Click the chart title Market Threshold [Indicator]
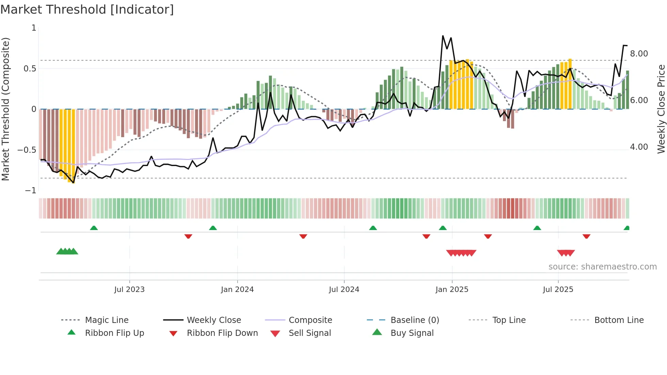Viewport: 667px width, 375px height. tap(87, 10)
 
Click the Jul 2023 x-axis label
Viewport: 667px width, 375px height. tap(129, 290)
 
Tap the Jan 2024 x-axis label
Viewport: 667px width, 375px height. tap(237, 290)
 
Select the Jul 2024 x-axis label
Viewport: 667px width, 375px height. tap(344, 290)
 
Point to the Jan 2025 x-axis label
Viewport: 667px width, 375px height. tap(452, 290)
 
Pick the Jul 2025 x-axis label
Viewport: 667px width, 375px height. tap(558, 290)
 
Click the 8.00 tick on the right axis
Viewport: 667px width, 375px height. tap(639, 54)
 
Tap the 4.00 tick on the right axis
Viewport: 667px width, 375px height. tap(639, 147)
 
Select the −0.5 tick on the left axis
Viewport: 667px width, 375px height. tap(27, 150)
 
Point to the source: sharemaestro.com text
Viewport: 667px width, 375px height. tap(602, 267)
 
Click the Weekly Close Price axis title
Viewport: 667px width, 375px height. tap(661, 109)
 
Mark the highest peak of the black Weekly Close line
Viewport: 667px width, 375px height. tap(443, 36)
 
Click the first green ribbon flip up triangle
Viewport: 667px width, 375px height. tap(94, 228)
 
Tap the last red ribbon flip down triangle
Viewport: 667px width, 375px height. tap(586, 236)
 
